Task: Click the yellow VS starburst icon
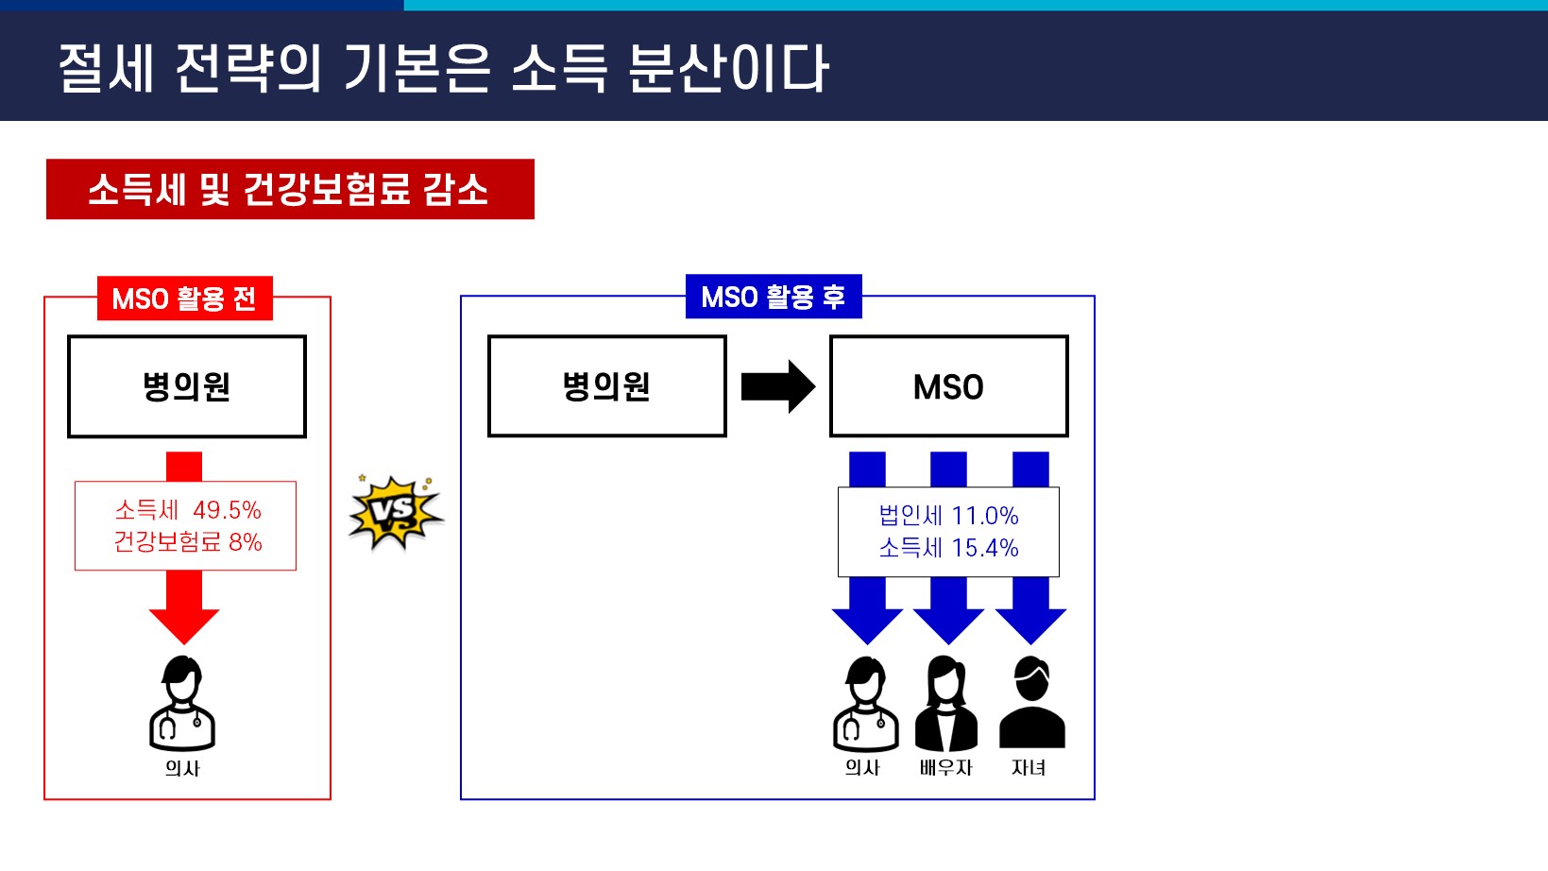pyautogui.click(x=396, y=512)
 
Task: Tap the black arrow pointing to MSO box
pyautogui.click(x=778, y=386)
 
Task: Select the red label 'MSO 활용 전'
pyautogui.click(x=184, y=298)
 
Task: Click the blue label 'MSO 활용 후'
pyautogui.click(x=774, y=297)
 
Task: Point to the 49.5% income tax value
pyautogui.click(x=227, y=510)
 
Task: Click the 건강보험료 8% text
pyautogui.click(x=187, y=541)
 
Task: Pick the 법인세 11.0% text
pyautogui.click(x=948, y=516)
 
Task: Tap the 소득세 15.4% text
pyautogui.click(x=948, y=548)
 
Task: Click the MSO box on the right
pyautogui.click(x=949, y=386)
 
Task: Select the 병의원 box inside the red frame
pyautogui.click(x=187, y=386)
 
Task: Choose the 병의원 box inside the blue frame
pyautogui.click(x=606, y=386)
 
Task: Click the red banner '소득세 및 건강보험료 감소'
pyautogui.click(x=290, y=189)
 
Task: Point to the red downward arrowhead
pyautogui.click(x=184, y=626)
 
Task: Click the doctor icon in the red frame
pyautogui.click(x=182, y=703)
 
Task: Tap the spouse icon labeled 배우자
pyautogui.click(x=946, y=703)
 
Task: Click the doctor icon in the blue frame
pyautogui.click(x=866, y=703)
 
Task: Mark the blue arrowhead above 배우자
pyautogui.click(x=949, y=626)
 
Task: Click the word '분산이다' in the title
pyautogui.click(x=728, y=68)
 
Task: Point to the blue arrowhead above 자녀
pyautogui.click(x=1030, y=626)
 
